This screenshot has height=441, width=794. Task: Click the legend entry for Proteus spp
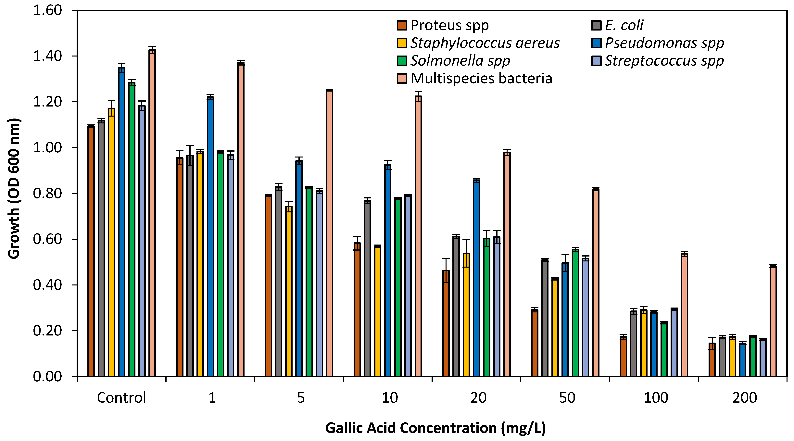(449, 25)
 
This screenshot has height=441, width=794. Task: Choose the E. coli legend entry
(624, 25)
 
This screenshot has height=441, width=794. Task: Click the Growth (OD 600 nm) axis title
(14, 189)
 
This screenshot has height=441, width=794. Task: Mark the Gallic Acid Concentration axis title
(435, 428)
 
